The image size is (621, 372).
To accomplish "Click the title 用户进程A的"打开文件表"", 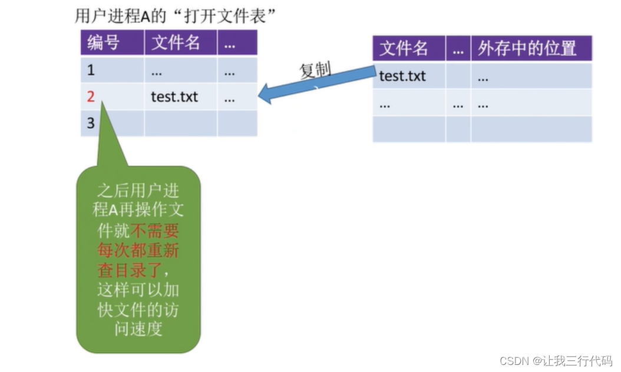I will (x=176, y=16).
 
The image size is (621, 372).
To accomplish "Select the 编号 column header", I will (x=103, y=42).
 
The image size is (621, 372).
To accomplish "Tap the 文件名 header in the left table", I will (x=176, y=42).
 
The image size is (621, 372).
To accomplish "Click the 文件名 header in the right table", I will (x=404, y=48).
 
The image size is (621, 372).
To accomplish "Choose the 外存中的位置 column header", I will (x=527, y=48).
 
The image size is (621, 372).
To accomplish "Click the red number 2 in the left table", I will (x=91, y=97).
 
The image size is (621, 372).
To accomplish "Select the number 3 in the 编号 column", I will (x=91, y=123).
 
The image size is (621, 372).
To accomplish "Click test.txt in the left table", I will (x=174, y=97).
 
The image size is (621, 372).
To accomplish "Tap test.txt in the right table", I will (x=402, y=76).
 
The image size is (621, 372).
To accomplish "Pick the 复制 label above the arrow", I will (x=315, y=70).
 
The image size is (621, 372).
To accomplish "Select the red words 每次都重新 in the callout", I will (x=138, y=250).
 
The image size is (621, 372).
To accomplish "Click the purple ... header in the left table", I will (x=230, y=42).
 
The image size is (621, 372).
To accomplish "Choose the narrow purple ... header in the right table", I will (x=458, y=48).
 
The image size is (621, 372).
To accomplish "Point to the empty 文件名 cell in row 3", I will (x=180, y=124).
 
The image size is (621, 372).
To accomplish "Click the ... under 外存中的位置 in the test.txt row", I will (x=483, y=77).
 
